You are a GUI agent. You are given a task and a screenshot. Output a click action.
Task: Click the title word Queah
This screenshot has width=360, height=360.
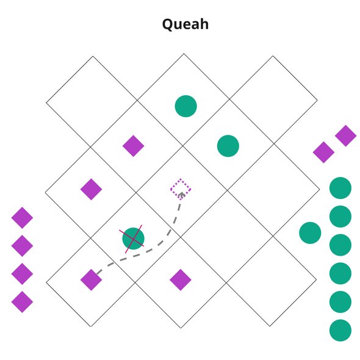[x=185, y=24]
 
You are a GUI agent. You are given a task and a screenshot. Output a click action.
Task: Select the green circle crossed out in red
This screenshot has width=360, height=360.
[x=133, y=239]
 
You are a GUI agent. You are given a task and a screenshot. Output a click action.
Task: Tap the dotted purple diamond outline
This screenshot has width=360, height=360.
[x=181, y=189]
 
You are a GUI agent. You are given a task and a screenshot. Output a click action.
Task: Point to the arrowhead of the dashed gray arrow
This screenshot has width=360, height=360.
[x=182, y=195]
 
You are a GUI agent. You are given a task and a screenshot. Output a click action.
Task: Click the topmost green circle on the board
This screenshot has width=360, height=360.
[x=185, y=106]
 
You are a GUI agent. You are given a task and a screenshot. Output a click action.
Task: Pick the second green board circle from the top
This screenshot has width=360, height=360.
[x=228, y=146]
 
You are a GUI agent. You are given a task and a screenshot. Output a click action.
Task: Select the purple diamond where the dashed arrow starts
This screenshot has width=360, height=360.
[x=91, y=280]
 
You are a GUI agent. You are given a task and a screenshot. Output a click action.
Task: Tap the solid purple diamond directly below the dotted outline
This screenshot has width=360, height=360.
[x=181, y=280]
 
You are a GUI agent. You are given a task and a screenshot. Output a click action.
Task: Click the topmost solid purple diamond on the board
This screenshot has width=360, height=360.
[x=134, y=146]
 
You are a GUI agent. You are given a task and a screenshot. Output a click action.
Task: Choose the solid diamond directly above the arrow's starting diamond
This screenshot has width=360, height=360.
[x=91, y=189]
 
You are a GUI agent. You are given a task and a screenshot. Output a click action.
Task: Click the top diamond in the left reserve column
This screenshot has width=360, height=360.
[x=22, y=218]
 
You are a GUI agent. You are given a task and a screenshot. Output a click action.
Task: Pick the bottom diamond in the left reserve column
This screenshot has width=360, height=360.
[x=22, y=302]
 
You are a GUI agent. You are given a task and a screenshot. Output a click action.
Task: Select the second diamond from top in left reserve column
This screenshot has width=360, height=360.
[x=22, y=246]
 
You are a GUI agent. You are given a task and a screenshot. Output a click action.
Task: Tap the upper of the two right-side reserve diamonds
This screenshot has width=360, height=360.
[x=346, y=135]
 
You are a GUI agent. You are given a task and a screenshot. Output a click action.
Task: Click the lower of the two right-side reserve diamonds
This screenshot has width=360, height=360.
[x=323, y=152]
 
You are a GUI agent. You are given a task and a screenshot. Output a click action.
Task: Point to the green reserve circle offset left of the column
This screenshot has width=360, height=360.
[x=310, y=233]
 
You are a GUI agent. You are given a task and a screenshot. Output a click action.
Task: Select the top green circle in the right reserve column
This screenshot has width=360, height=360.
[x=340, y=188]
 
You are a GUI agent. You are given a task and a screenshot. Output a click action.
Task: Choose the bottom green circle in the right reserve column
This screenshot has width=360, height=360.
[x=340, y=330]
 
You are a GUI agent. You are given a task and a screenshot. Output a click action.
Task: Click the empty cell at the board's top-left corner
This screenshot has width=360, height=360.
[x=92, y=101]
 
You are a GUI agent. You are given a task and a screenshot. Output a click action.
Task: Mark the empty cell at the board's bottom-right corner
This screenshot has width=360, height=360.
[x=271, y=281]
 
